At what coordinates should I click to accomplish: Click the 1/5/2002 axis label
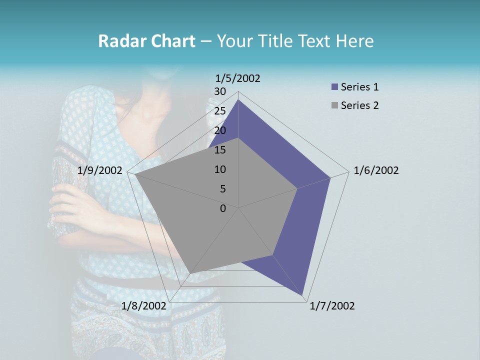click(238, 78)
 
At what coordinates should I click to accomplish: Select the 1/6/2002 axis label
click(376, 170)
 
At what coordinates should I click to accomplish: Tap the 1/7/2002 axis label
click(332, 306)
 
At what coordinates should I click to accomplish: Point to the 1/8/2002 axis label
click(143, 306)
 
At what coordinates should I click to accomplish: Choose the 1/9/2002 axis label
click(99, 170)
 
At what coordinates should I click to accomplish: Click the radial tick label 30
click(220, 91)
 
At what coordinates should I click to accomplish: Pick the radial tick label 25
click(220, 111)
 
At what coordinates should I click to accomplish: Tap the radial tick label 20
click(220, 130)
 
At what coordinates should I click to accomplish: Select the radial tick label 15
click(220, 150)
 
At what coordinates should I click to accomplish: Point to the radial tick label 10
click(220, 169)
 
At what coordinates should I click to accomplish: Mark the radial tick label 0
click(223, 208)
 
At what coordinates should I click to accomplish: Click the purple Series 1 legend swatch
click(334, 87)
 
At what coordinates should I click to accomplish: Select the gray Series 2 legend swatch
click(334, 105)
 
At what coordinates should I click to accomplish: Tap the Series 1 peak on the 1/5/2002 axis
click(238, 100)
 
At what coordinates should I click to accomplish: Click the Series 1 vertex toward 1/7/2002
click(303, 295)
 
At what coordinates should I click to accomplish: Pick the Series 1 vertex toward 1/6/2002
click(330, 178)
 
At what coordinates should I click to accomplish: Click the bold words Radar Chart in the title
click(146, 41)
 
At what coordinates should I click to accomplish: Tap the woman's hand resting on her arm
click(75, 205)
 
